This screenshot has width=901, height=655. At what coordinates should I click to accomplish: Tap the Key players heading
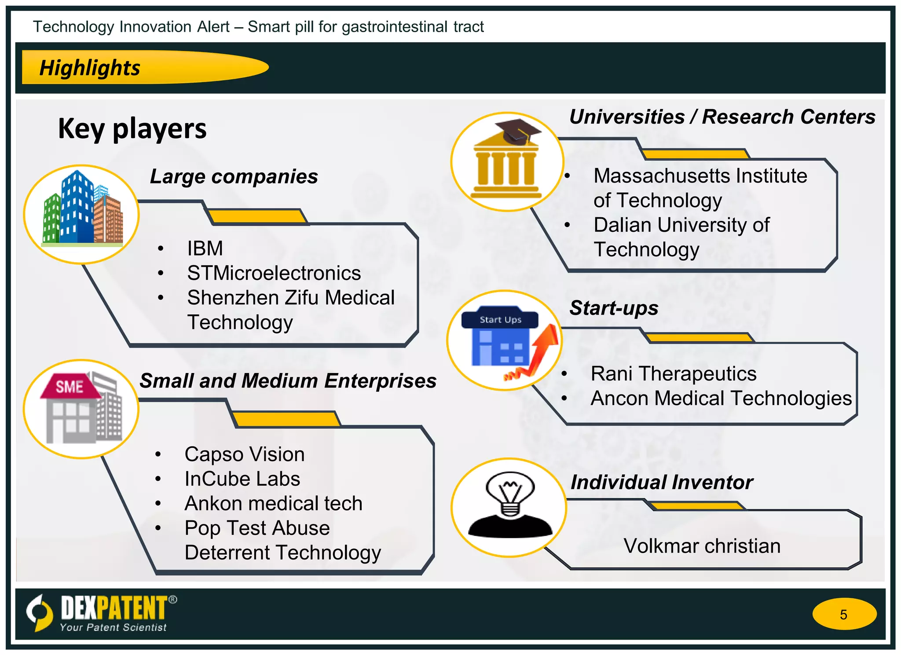[132, 128]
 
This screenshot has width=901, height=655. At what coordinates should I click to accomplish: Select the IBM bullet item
[205, 249]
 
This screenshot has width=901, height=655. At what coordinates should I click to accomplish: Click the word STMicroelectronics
[274, 273]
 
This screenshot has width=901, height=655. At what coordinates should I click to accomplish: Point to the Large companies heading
[234, 177]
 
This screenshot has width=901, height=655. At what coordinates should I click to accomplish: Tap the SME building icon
[80, 408]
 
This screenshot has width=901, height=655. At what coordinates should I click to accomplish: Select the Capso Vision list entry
[244, 454]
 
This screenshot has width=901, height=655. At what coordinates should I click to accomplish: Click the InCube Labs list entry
[242, 479]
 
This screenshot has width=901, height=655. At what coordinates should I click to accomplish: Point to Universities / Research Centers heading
[722, 117]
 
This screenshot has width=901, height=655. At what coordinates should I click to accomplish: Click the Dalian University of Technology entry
[681, 237]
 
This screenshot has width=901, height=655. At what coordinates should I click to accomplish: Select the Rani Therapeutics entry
[673, 374]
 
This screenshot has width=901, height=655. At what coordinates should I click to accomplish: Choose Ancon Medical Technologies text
[721, 399]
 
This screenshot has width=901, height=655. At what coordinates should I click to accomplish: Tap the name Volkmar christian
[702, 546]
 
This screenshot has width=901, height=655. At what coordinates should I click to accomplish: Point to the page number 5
[843, 614]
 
